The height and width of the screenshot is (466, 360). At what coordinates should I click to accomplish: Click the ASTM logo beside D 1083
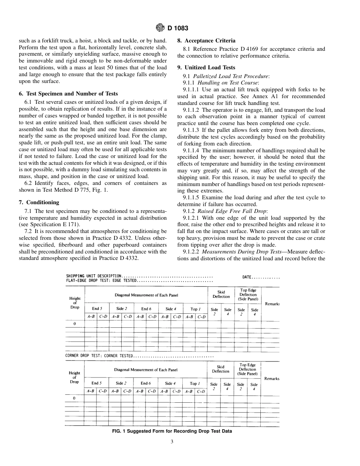(160, 28)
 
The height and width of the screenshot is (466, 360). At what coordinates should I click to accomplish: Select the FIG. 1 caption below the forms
(172, 431)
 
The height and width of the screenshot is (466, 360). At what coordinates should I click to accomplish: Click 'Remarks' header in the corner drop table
(272, 378)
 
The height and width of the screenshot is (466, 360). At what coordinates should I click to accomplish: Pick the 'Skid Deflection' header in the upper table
(221, 294)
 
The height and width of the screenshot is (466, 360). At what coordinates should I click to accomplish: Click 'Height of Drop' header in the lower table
(74, 377)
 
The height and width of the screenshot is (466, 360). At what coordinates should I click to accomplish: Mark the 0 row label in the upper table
(74, 324)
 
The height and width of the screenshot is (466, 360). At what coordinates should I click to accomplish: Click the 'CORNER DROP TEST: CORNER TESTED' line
(100, 356)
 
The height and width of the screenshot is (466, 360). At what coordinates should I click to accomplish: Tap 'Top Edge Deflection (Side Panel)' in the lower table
(247, 369)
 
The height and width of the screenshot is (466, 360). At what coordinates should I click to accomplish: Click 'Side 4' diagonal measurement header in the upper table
(169, 309)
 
